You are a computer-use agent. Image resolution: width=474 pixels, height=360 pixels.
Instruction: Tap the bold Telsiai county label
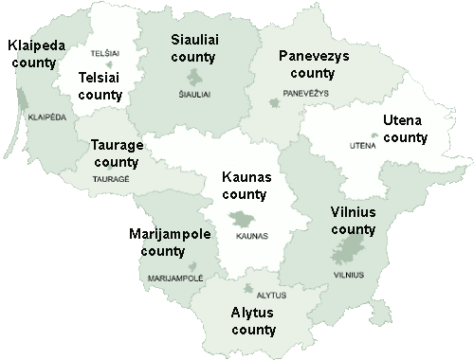(100, 86)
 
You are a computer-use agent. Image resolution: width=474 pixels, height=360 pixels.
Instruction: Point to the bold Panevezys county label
(314, 64)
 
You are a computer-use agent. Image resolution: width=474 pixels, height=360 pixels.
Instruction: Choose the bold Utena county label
(406, 129)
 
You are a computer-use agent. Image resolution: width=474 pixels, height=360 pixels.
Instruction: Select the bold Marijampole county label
(172, 243)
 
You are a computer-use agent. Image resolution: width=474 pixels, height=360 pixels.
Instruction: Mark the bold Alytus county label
(253, 321)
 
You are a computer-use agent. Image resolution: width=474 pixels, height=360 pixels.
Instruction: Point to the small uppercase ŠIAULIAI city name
(196, 95)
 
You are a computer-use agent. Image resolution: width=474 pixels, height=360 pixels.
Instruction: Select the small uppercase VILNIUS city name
(348, 275)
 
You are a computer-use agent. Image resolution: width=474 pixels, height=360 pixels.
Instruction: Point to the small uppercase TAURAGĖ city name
(112, 178)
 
